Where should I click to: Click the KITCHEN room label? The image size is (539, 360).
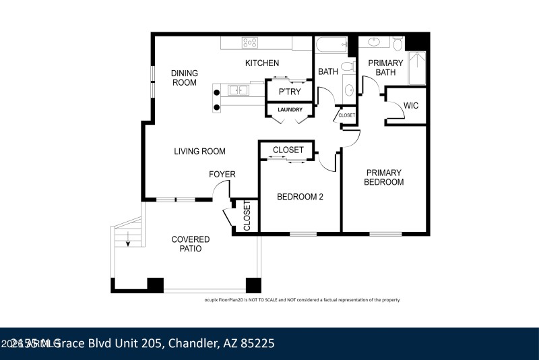(x=261, y=63)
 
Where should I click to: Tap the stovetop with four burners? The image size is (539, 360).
(x=250, y=42)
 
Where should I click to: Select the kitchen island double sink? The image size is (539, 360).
(x=238, y=90)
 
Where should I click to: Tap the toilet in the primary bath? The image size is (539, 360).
(x=398, y=44)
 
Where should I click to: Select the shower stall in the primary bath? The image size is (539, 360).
(x=416, y=67)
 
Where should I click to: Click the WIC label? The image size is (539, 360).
(x=411, y=105)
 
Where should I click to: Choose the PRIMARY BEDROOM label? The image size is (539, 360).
(x=383, y=177)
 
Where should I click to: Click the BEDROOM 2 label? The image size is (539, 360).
(x=300, y=197)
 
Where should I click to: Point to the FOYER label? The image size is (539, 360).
(x=222, y=175)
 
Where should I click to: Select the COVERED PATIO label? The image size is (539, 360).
(x=190, y=244)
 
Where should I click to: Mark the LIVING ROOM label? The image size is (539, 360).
(x=199, y=151)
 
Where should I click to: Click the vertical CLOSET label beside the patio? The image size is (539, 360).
(x=247, y=216)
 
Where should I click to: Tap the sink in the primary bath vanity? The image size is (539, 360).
(x=375, y=42)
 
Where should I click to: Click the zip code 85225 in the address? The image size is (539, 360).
(x=256, y=343)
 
